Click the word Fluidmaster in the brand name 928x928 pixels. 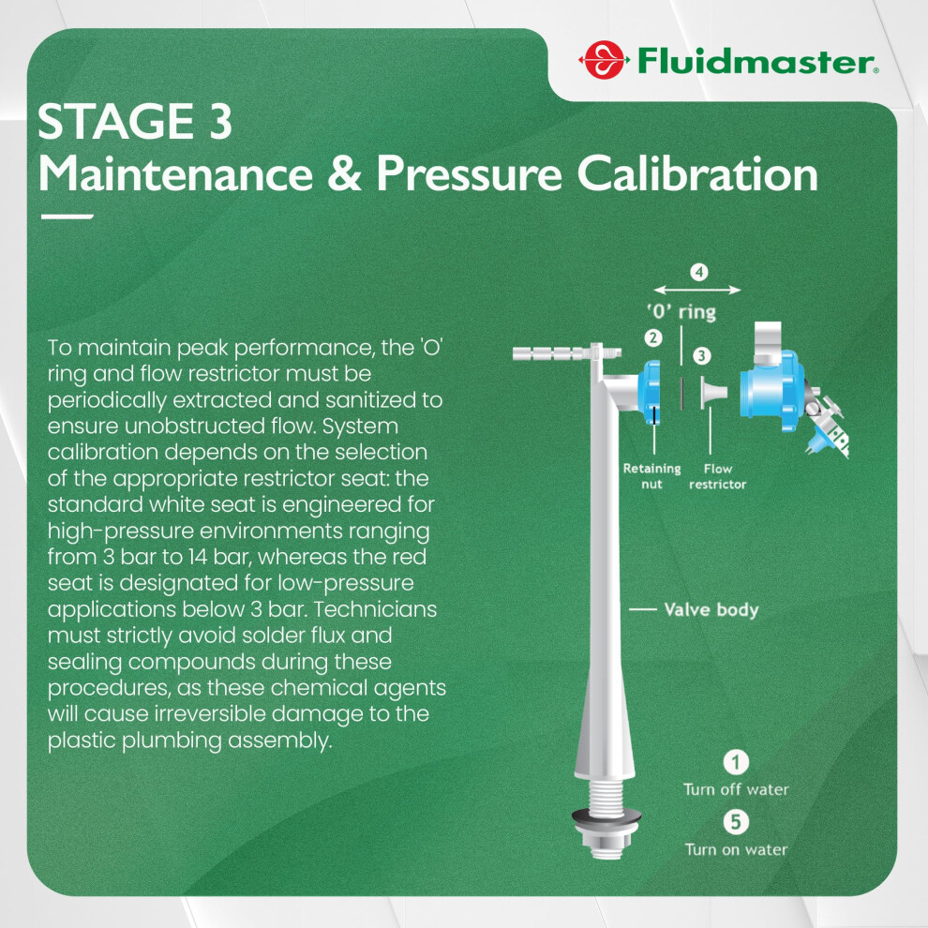pos(756,62)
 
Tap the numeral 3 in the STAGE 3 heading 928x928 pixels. pos(220,121)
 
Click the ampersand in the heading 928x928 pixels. pos(344,174)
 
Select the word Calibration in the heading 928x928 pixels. pos(697,173)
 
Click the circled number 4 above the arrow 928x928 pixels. pos(699,272)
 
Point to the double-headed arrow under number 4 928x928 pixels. pos(697,290)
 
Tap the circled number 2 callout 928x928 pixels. pos(652,338)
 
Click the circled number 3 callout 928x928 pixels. pos(702,355)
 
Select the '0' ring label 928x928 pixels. pos(681,311)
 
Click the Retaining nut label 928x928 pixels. pos(651,476)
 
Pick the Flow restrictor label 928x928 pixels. pos(717,476)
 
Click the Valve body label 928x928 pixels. pos(711,609)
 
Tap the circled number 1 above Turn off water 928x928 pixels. pos(736,762)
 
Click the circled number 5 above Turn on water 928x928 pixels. pos(736,821)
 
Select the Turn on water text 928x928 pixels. pos(736,850)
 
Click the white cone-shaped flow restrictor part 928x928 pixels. pos(713,393)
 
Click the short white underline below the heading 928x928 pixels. pos(67,217)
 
